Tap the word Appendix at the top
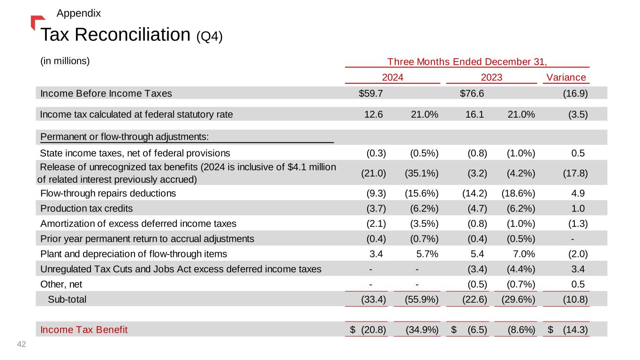coord(78,13)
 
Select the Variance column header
coord(566,77)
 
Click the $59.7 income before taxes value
coord(371,93)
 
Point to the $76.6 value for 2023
coord(472,93)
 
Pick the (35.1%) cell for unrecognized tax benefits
coord(422,172)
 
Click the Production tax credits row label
coord(87,208)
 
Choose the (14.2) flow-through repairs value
coord(474,193)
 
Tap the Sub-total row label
coord(67,299)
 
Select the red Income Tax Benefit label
coord(84,330)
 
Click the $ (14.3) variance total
coord(568,330)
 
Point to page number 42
coord(21,345)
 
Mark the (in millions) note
coord(65,61)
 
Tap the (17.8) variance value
coord(575,172)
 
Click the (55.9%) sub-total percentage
coord(422,299)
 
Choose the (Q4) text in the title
coord(209,36)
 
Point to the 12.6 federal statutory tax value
coord(374,113)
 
